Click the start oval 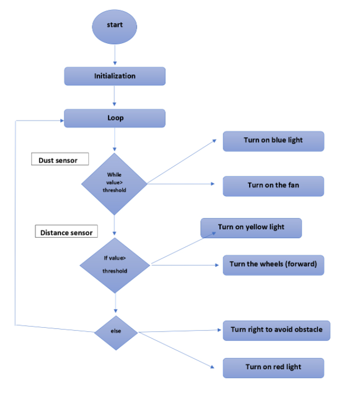(x=115, y=25)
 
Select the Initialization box (x=115, y=76)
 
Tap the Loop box (x=115, y=118)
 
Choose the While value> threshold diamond (x=114, y=183)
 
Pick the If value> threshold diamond (x=115, y=264)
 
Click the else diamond (x=115, y=332)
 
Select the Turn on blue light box (x=273, y=141)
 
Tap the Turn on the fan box (x=273, y=186)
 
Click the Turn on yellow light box (x=251, y=228)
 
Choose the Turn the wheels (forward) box (x=273, y=265)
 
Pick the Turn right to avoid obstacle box (x=277, y=330)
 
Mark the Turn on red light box (x=273, y=368)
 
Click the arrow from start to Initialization (x=115, y=55)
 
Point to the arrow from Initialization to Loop (x=115, y=96)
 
